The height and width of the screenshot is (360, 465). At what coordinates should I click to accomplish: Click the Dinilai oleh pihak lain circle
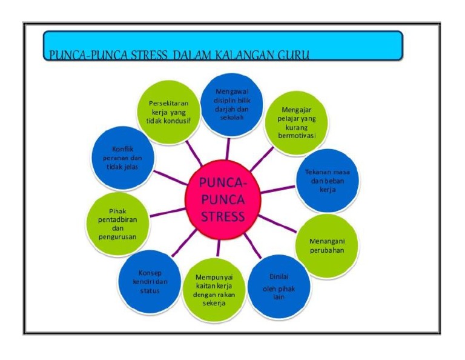click(279, 286)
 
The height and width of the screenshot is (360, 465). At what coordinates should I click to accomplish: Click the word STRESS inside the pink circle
click(223, 216)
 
